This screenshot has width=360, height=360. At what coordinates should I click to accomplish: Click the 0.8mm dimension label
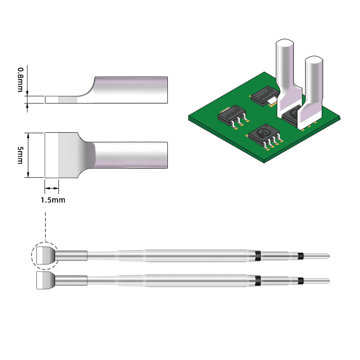pyautogui.click(x=20, y=80)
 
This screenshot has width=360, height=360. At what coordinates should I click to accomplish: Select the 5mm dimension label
pyautogui.click(x=20, y=155)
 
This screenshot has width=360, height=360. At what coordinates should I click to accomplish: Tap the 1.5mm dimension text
pyautogui.click(x=53, y=200)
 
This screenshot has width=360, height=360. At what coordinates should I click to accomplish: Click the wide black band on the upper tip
pyautogui.click(x=258, y=256)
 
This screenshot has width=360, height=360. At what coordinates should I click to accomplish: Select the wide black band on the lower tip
pyautogui.click(x=258, y=280)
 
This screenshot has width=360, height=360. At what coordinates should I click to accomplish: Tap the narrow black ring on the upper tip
pyautogui.click(x=300, y=256)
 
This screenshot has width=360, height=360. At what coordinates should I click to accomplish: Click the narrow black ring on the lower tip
pyautogui.click(x=300, y=281)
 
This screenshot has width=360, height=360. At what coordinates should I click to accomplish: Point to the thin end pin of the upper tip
pyautogui.click(x=317, y=256)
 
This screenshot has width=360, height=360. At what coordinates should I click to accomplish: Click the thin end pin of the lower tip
pyautogui.click(x=317, y=281)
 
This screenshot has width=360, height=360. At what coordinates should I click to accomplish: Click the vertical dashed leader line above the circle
pyautogui.click(x=45, y=227)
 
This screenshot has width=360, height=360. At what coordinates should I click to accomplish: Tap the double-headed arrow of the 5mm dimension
pyautogui.click(x=29, y=155)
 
